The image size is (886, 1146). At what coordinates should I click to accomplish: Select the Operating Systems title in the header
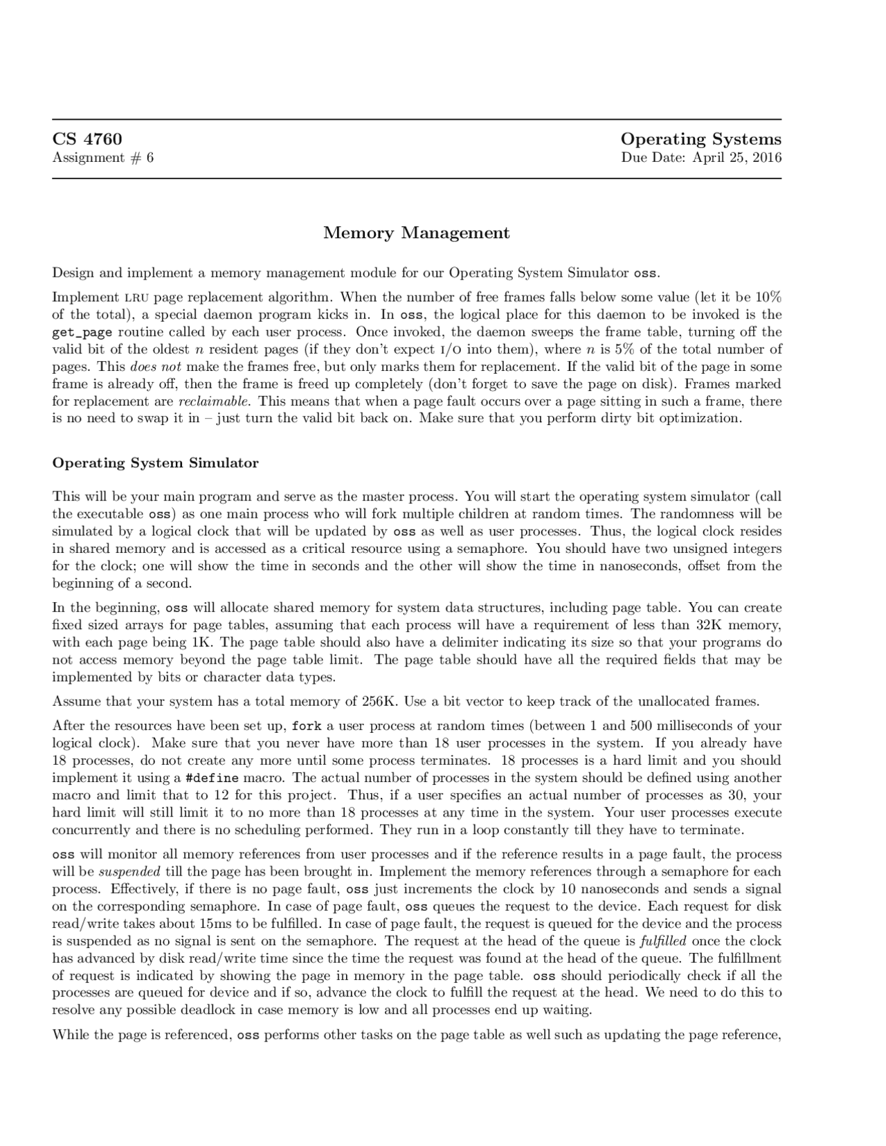pos(700,139)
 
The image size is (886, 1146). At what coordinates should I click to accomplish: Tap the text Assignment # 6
pos(103,158)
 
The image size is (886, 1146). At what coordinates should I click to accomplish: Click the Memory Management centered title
pos(416,233)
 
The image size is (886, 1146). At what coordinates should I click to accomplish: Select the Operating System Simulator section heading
pos(155,463)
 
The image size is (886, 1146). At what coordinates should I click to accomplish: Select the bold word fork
pos(305,726)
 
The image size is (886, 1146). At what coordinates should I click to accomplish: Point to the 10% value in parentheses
pos(768,298)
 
